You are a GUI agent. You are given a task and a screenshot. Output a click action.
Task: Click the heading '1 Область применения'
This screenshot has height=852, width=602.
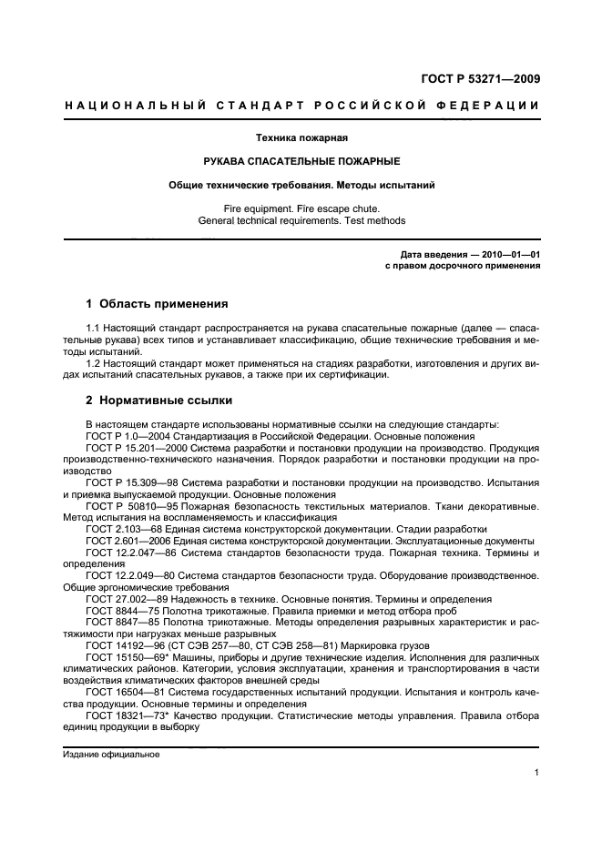click(x=156, y=303)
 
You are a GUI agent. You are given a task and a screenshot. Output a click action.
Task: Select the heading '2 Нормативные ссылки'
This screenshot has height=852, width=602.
click(x=158, y=400)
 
